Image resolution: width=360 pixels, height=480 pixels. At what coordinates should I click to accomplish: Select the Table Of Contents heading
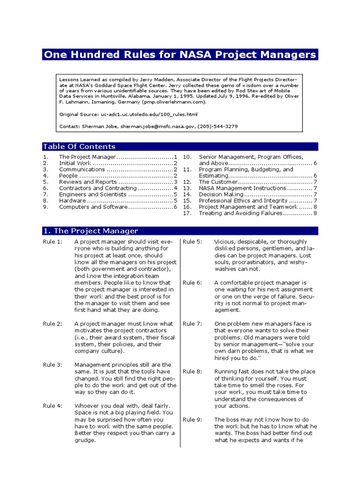pyautogui.click(x=79, y=146)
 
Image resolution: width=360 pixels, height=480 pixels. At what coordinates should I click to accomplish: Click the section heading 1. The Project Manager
pyautogui.click(x=90, y=231)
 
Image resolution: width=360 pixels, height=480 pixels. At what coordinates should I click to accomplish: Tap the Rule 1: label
pyautogui.click(x=52, y=242)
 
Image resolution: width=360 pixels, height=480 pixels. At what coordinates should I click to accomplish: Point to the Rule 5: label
pyautogui.click(x=192, y=242)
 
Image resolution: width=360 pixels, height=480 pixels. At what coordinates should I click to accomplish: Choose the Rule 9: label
pyautogui.click(x=192, y=420)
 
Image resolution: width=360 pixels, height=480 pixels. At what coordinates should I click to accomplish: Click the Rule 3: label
pyautogui.click(x=52, y=365)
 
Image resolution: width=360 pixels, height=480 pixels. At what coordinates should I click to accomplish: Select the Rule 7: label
pyautogui.click(x=192, y=324)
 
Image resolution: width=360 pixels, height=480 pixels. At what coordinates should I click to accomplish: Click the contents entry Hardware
pyautogui.click(x=72, y=201)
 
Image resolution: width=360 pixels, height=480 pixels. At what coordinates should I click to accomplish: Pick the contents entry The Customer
pyautogui.click(x=218, y=182)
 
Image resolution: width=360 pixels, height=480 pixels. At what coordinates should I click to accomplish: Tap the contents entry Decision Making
pyautogui.click(x=221, y=195)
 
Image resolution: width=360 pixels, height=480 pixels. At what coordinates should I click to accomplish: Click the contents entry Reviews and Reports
pyautogui.click(x=88, y=182)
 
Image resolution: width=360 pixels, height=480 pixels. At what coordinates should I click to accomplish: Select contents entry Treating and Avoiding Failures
pyautogui.click(x=240, y=213)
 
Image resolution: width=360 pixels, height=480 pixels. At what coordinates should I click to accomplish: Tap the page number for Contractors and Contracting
pyautogui.click(x=175, y=188)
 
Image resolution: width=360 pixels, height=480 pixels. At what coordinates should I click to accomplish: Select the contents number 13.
pyautogui.click(x=187, y=188)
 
